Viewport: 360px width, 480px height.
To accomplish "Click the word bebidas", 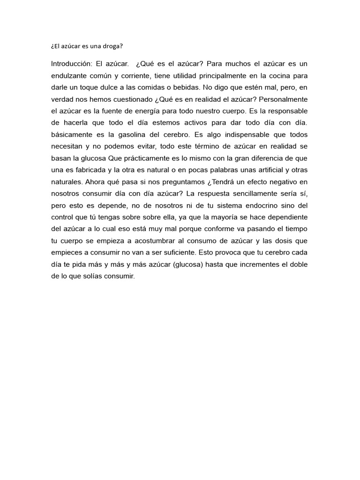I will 183,87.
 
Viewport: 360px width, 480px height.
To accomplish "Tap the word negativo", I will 282,181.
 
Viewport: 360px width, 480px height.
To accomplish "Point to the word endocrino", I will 252,205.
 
